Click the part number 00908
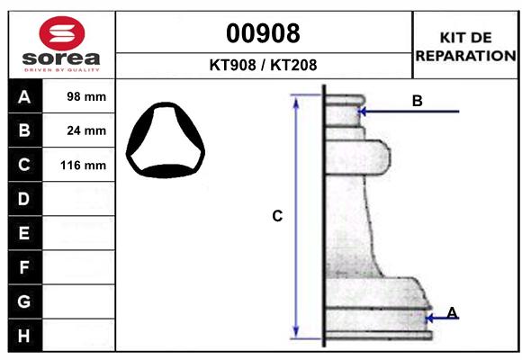263,33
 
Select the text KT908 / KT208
263,65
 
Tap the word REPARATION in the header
465,55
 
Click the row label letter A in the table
24,96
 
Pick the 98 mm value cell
87,96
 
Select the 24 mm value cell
87,130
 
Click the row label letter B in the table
24,130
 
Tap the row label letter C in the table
24,165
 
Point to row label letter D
24,199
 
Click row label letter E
24,233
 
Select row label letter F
24,267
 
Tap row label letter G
24,301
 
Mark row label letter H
24,336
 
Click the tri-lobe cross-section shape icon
166,141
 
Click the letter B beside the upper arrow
417,101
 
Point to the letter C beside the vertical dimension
277,216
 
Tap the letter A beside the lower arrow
452,312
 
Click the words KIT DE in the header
465,37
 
